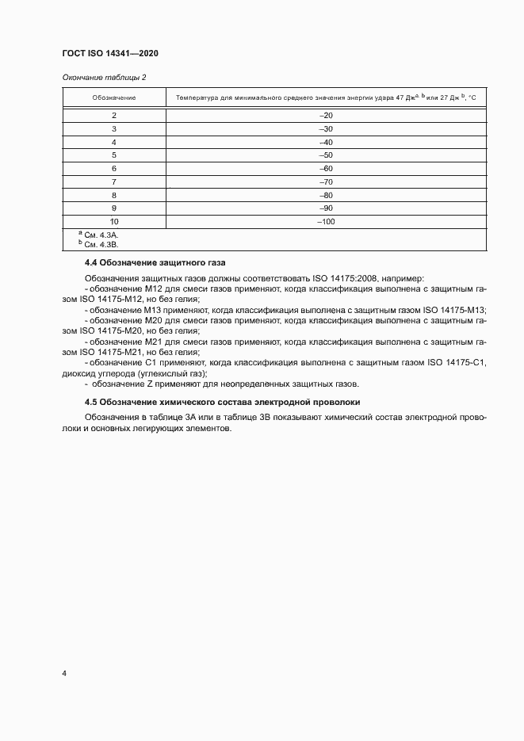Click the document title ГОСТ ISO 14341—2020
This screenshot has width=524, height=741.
pyautogui.click(x=111, y=54)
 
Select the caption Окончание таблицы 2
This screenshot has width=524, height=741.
pyautogui.click(x=104, y=77)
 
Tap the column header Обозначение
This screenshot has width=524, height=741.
pyautogui.click(x=114, y=97)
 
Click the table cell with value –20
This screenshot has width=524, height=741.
pyautogui.click(x=325, y=116)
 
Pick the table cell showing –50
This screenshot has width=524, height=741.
pyautogui.click(x=325, y=155)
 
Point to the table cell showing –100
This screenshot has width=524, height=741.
pyautogui.click(x=325, y=222)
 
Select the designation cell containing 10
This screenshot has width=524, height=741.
pyautogui.click(x=114, y=222)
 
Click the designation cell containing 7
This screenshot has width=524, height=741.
pyautogui.click(x=114, y=182)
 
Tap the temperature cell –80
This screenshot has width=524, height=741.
pyautogui.click(x=325, y=195)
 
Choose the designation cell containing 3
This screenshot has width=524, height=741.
pyautogui.click(x=114, y=128)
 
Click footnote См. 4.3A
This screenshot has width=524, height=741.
pyautogui.click(x=101, y=235)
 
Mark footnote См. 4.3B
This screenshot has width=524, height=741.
pyautogui.click(x=101, y=244)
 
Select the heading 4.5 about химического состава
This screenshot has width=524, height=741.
pyautogui.click(x=223, y=402)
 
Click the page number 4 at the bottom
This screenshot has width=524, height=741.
pyautogui.click(x=64, y=674)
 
